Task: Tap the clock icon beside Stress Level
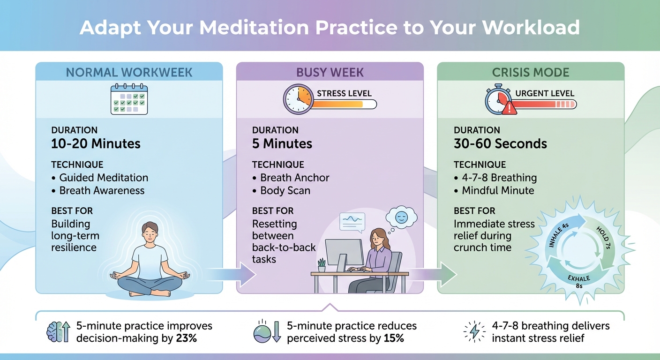tap(298, 99)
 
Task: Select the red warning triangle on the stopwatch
tap(510, 109)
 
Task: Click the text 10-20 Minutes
tap(96, 143)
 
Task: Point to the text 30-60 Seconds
tap(500, 143)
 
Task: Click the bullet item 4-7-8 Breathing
tap(499, 178)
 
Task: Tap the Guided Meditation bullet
tap(104, 178)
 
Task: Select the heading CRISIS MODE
tap(531, 73)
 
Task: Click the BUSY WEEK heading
tap(330, 73)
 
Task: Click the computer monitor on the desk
tap(344, 253)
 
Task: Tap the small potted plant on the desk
tap(322, 265)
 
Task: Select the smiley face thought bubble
tap(401, 217)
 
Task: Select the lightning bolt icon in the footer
tap(475, 332)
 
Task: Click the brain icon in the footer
tap(52, 332)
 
